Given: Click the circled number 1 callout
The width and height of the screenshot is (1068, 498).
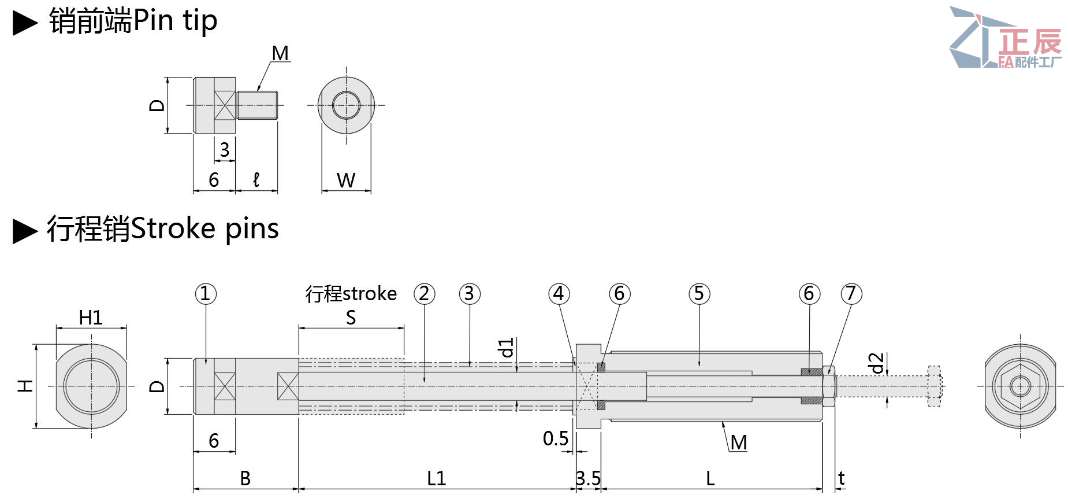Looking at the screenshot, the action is coord(206,294).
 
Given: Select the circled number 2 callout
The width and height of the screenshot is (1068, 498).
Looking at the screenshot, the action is coord(425,294).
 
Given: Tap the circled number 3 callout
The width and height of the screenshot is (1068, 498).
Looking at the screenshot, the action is coord(470,294).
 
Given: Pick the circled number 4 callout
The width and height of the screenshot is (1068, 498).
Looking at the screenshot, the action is coord(559,294).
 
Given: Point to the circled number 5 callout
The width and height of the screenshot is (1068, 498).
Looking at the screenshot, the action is coord(699,294).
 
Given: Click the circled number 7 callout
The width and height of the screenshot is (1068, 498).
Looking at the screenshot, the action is coord(851,294).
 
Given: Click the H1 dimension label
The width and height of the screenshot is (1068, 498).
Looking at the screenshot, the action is coord(91,318).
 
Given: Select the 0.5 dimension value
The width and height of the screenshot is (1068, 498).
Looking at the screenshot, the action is coord(556,438).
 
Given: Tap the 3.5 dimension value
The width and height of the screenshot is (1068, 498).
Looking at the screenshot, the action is coord(588,478).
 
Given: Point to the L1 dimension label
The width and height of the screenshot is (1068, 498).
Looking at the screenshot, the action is coord(437,478).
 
